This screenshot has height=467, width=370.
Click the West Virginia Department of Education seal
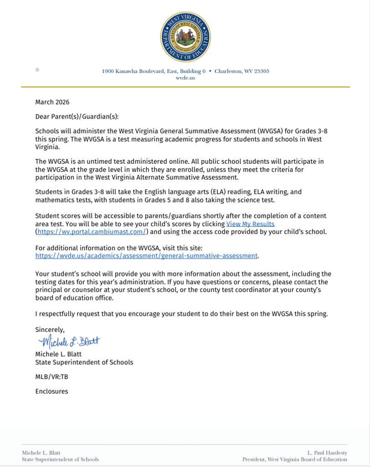coord(185,36)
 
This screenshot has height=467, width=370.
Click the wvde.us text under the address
coord(185,78)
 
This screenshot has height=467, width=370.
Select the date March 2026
coord(52,102)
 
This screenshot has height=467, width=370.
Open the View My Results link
coord(250,224)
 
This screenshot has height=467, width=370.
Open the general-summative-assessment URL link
coord(147,256)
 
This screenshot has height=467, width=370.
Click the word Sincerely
coord(50,329)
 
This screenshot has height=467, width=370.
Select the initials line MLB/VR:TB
coord(51,377)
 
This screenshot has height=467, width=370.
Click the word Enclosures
coord(51,391)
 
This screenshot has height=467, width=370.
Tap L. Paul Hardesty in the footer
coord(327,453)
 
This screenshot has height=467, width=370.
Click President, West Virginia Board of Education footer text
coord(294,460)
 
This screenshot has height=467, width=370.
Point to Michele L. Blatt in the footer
coord(41,453)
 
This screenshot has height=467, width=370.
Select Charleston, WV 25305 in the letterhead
coord(242,71)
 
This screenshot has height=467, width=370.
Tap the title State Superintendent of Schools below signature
coord(84,362)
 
